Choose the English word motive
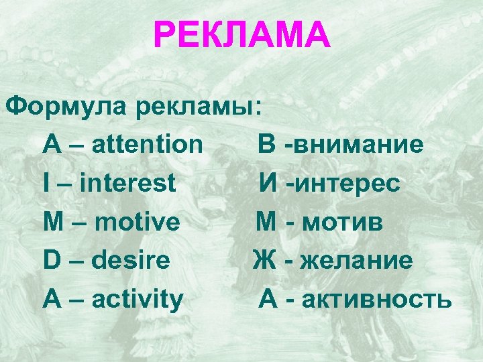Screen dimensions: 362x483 tap(138, 221)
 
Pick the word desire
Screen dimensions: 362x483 tap(132, 260)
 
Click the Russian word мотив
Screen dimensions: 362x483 tap(342, 221)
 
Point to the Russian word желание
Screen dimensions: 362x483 tap(357, 260)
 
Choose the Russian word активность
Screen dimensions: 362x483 tap(376, 299)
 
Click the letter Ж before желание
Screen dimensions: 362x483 tap(264, 260)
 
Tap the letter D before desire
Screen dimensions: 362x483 tap(51, 260)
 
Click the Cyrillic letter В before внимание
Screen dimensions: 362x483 tap(266, 143)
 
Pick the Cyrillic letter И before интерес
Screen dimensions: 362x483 tap(270, 182)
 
